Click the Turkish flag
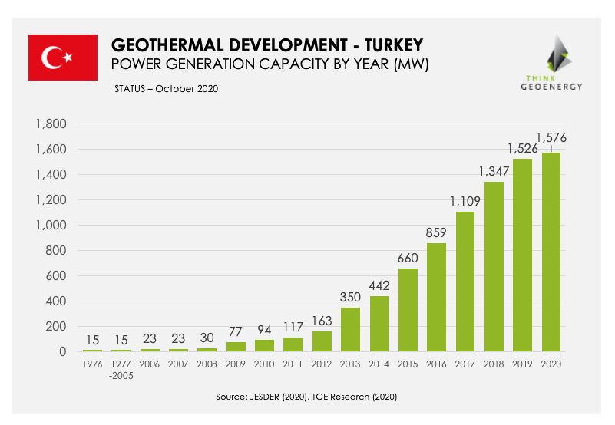tap(62, 57)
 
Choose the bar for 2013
tap(351, 329)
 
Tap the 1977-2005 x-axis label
tap(121, 370)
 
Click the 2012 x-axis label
tap(322, 364)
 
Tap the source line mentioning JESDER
tap(306, 397)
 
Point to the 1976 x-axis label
tap(92, 364)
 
